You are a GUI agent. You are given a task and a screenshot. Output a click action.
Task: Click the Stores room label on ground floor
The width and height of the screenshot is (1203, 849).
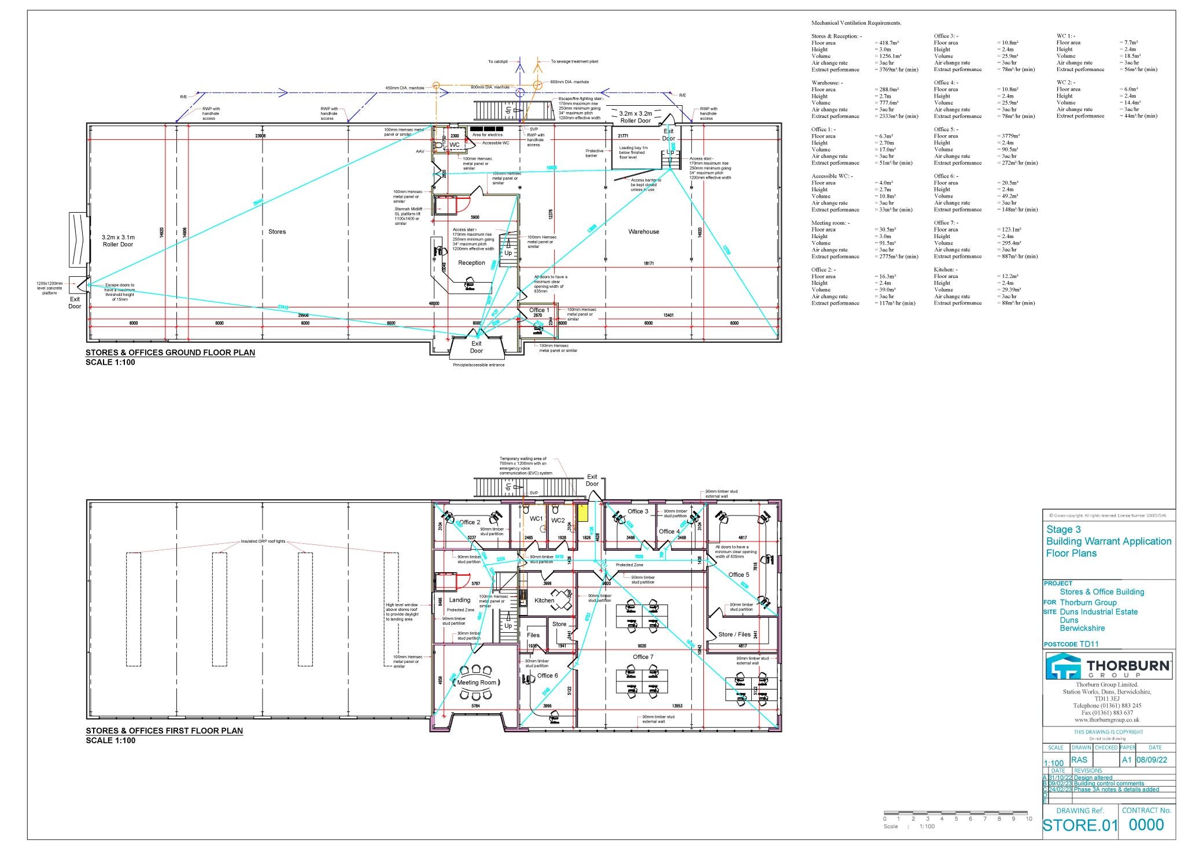tap(277, 232)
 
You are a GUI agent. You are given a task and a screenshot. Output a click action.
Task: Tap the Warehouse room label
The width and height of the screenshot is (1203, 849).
tap(644, 232)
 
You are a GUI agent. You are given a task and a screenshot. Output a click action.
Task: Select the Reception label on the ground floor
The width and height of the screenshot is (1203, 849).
tap(471, 263)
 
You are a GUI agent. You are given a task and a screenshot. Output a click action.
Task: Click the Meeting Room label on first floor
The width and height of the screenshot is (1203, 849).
tap(477, 683)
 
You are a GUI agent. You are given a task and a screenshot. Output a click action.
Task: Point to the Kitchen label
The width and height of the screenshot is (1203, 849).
tap(544, 600)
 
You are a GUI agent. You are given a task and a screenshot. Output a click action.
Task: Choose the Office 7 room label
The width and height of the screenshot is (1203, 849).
tap(643, 657)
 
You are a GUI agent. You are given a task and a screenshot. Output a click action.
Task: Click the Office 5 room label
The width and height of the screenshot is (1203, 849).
tap(739, 574)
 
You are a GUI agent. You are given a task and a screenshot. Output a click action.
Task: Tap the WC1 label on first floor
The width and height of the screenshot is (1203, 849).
tap(536, 519)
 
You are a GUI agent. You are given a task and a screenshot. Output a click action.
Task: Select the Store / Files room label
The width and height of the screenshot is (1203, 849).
tap(734, 634)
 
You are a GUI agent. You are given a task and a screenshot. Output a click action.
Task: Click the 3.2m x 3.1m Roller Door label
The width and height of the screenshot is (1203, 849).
tap(118, 241)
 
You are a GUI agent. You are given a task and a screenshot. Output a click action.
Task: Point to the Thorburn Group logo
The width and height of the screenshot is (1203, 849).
tap(1109, 666)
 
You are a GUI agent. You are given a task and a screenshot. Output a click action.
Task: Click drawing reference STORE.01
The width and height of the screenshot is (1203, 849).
tap(1080, 826)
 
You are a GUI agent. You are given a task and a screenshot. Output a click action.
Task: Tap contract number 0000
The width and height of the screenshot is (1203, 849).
tap(1146, 825)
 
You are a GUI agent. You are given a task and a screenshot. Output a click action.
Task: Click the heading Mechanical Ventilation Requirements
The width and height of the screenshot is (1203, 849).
tap(856, 23)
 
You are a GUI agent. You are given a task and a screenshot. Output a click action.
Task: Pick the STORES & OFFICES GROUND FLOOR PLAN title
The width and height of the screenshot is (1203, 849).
tap(170, 353)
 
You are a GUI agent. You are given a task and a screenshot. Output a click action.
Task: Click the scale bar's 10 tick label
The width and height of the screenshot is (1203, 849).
tap(1029, 818)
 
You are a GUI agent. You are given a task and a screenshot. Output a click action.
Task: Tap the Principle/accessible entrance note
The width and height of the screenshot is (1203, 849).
tap(478, 365)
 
